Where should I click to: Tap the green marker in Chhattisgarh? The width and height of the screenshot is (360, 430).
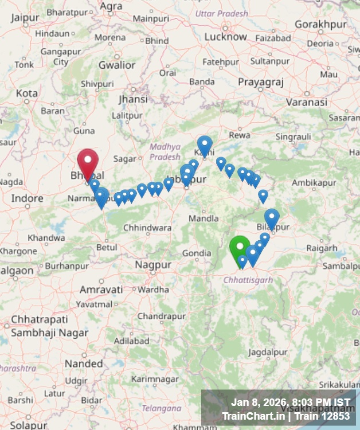(240, 248)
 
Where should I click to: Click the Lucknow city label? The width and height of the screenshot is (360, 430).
(226, 37)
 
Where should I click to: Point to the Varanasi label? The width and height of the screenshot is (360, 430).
(307, 102)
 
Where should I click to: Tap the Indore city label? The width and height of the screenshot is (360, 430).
(28, 198)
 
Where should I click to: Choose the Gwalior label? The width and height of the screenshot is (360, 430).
(117, 65)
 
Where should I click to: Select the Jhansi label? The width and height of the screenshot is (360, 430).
(133, 99)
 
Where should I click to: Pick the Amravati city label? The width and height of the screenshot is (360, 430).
(101, 290)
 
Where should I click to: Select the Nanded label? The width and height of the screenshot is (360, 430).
(84, 363)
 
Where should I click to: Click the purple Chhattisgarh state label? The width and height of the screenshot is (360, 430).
(248, 280)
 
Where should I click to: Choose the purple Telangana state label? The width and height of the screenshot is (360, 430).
(161, 408)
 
